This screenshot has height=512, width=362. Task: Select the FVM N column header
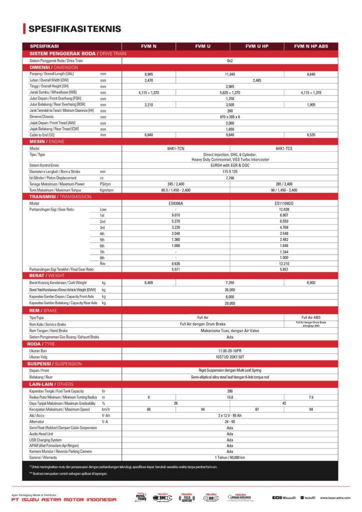148,46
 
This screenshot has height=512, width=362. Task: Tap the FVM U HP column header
257,46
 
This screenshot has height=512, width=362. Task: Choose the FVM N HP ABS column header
311,46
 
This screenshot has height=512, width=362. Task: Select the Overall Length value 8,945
148,74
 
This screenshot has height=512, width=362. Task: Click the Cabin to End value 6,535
311,135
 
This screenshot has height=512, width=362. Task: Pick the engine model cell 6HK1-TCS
284,148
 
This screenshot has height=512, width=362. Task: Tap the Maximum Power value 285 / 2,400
284,183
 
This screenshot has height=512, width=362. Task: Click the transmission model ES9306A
176,203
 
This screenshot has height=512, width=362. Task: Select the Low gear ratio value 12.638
284,209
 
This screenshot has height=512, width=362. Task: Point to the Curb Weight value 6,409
148,282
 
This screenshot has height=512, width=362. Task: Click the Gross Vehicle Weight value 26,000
230,289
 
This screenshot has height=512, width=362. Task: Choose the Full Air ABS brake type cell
311,317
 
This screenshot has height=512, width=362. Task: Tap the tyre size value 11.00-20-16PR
230,350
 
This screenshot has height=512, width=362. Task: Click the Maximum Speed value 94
203,409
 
